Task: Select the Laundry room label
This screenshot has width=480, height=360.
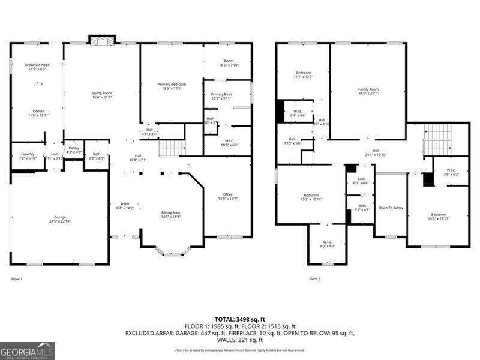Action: click(28, 156)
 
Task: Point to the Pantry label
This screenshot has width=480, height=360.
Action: click(73, 150)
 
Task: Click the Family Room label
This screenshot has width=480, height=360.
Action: click(368, 91)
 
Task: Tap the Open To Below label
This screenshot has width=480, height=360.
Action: click(391, 208)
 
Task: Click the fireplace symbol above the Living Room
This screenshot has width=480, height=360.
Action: click(101, 40)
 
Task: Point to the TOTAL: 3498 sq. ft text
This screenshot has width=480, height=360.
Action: click(239, 319)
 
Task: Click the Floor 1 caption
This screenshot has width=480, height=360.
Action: click(17, 279)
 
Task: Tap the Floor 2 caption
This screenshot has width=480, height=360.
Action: click(314, 279)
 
